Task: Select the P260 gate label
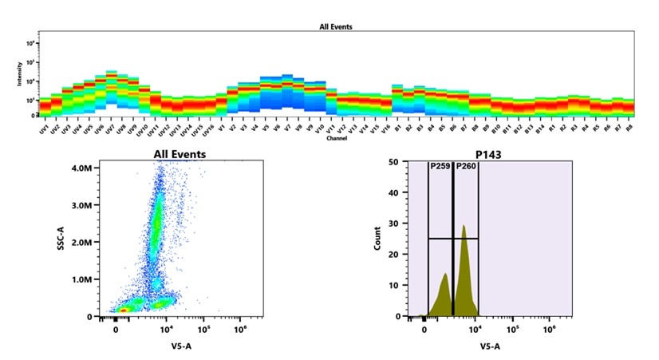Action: [466, 167]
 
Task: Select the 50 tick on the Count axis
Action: [393, 162]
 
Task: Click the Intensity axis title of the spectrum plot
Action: [21, 76]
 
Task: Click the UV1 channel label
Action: [45, 129]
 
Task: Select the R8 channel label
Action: [629, 128]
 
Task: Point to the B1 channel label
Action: [397, 128]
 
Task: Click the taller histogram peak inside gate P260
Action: [464, 227]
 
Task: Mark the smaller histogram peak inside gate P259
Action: [445, 275]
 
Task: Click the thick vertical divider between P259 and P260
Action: [453, 239]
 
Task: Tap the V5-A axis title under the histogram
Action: [490, 346]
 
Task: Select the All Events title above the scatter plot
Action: [180, 153]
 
